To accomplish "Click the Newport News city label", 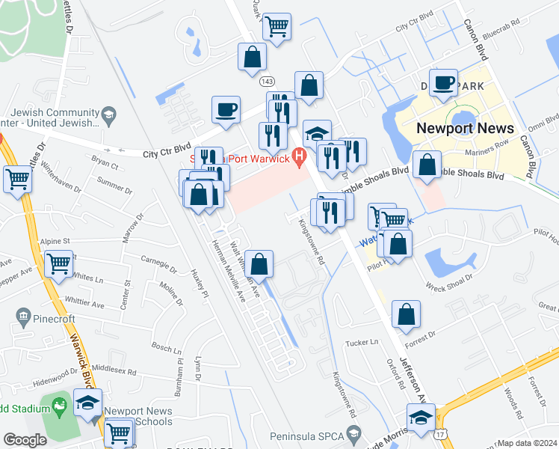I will pos(465,127).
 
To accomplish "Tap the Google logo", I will pos(25,440).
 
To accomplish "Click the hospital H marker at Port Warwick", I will pos(300,156).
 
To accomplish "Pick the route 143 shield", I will pos(267,80).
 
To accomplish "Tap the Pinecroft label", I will pos(55,319).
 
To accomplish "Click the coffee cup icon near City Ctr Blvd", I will pos(226,110).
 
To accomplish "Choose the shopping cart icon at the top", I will pos(277,27).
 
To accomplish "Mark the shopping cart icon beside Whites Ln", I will pos(58,263).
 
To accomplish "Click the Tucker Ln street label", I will pos(362,342).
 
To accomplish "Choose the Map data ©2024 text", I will pos(528,443).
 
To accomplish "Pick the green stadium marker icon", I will pos(60,408).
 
